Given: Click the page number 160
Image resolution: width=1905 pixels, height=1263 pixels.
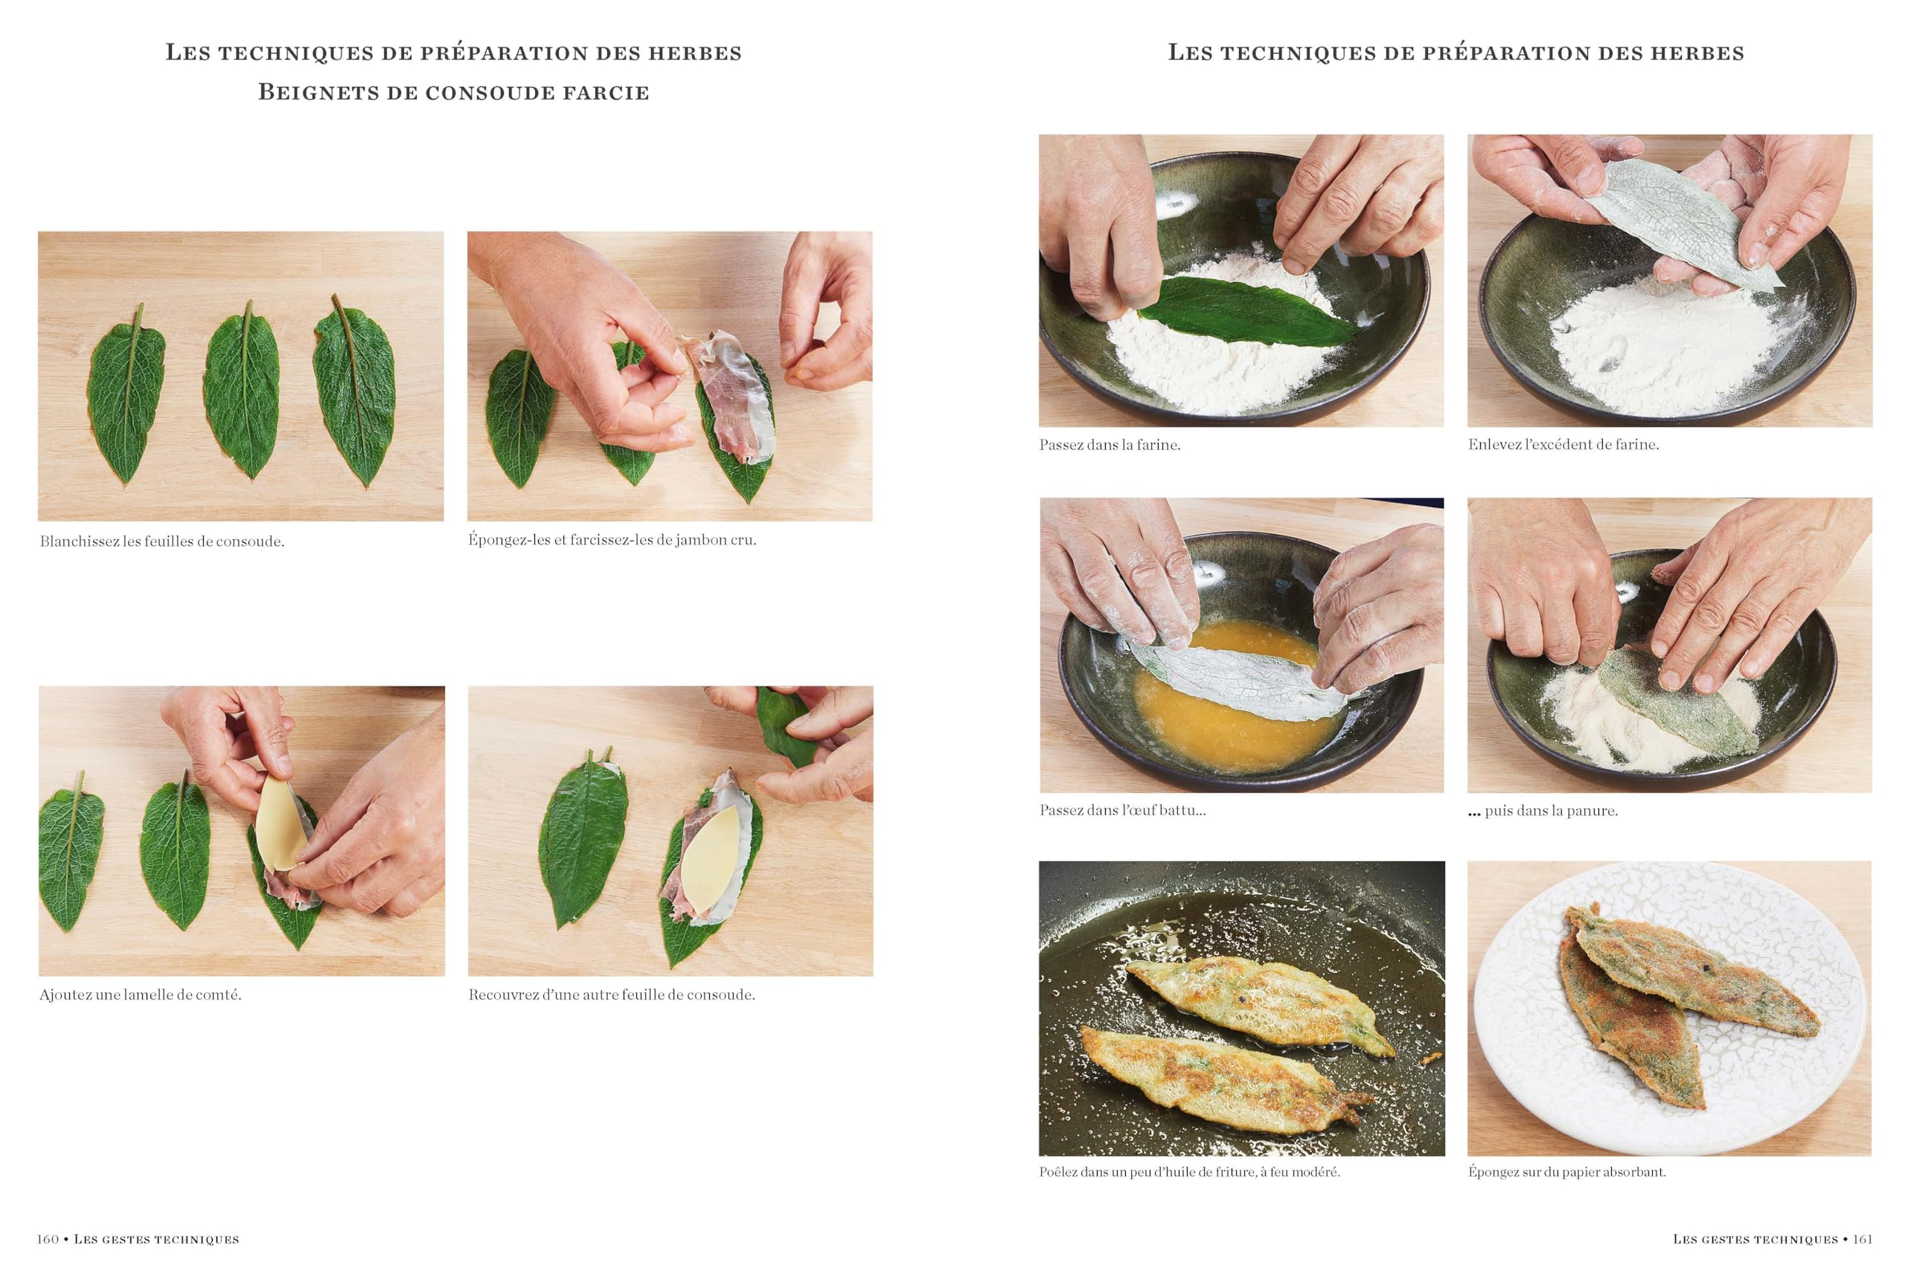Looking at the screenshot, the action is point(48,1239).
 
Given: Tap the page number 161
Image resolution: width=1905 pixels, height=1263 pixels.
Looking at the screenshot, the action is point(1863,1239).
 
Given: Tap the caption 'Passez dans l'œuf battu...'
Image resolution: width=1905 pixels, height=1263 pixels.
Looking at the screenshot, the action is point(1122,810).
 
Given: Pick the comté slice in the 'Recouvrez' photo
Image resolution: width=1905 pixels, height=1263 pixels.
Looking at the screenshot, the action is point(711,859).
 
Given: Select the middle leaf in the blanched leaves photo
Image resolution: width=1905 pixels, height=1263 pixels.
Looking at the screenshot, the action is point(243,390).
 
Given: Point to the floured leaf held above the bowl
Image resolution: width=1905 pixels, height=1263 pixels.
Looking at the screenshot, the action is point(1681,216).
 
